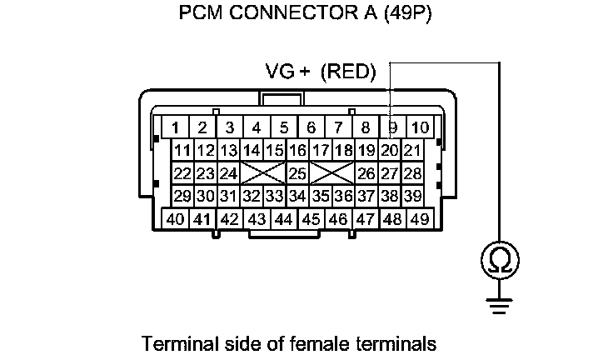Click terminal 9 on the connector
click(392, 127)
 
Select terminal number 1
click(176, 127)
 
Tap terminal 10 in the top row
click(420, 127)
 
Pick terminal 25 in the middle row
click(297, 173)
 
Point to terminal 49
click(419, 219)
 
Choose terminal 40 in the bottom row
click(175, 219)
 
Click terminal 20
click(388, 151)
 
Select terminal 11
click(182, 151)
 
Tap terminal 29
click(182, 197)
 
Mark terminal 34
click(297, 197)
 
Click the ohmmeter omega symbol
click(499, 262)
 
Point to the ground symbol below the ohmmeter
click(499, 307)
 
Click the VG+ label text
click(287, 72)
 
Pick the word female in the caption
click(315, 342)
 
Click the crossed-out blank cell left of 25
click(262, 173)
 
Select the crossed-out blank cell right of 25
click(331, 173)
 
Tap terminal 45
click(311, 219)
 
